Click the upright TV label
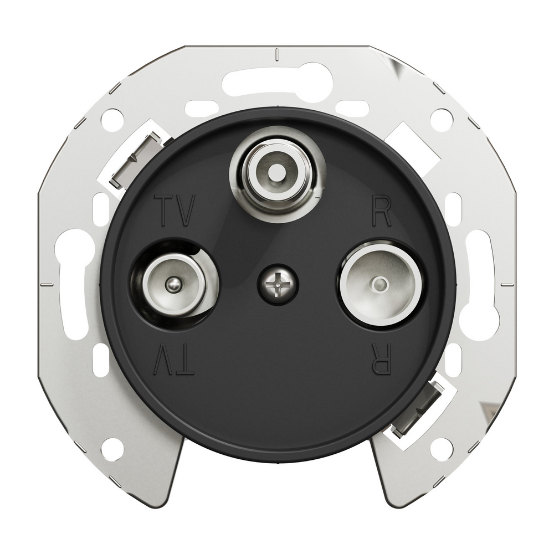tap(177, 211)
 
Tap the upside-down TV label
tap(174, 360)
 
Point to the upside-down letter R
tap(383, 360)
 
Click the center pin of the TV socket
tap(172, 284)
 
